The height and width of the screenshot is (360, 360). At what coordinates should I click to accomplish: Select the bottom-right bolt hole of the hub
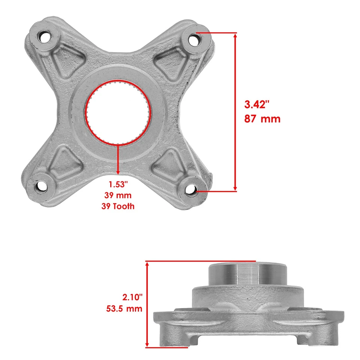(x=190, y=190)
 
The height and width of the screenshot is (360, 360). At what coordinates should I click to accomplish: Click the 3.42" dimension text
(x=257, y=104)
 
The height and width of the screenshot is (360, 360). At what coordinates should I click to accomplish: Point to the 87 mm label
(x=262, y=119)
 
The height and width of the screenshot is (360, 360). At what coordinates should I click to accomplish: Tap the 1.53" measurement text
(x=118, y=184)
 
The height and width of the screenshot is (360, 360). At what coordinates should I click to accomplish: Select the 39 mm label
(x=118, y=195)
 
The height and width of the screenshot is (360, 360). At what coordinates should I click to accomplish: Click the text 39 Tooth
(x=118, y=206)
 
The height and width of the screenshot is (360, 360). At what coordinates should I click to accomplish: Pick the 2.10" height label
(x=133, y=297)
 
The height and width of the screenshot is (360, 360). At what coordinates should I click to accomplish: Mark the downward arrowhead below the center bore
(x=118, y=172)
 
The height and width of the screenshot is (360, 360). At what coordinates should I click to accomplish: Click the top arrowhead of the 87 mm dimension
(x=235, y=36)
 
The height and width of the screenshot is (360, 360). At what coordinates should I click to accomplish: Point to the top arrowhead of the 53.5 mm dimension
(x=148, y=265)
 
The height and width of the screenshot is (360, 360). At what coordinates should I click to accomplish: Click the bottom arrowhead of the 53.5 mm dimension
(x=148, y=345)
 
